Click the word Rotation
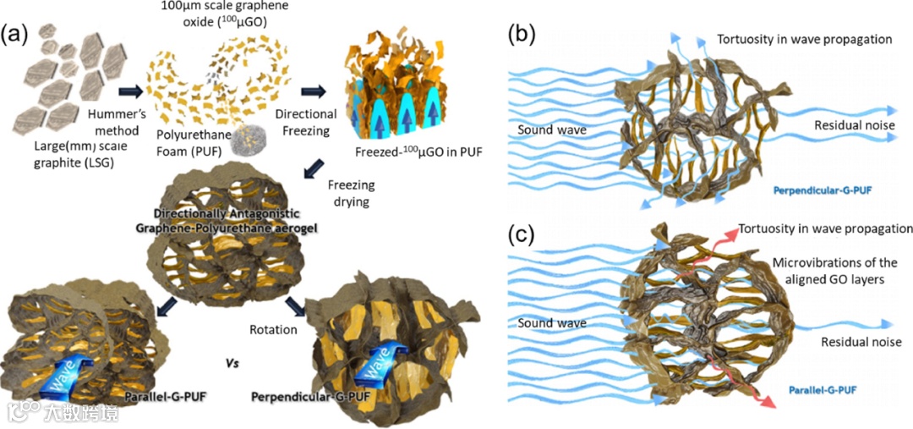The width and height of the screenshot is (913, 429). point(273,329)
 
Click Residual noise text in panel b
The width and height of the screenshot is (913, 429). point(849,126)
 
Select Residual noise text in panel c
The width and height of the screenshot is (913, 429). point(861,342)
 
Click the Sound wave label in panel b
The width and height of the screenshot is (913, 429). point(552,132)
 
